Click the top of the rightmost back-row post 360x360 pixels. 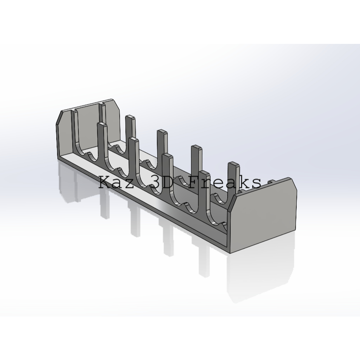tap(234, 164)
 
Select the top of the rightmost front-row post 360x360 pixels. tap(205, 173)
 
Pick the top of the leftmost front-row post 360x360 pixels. tap(102, 125)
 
